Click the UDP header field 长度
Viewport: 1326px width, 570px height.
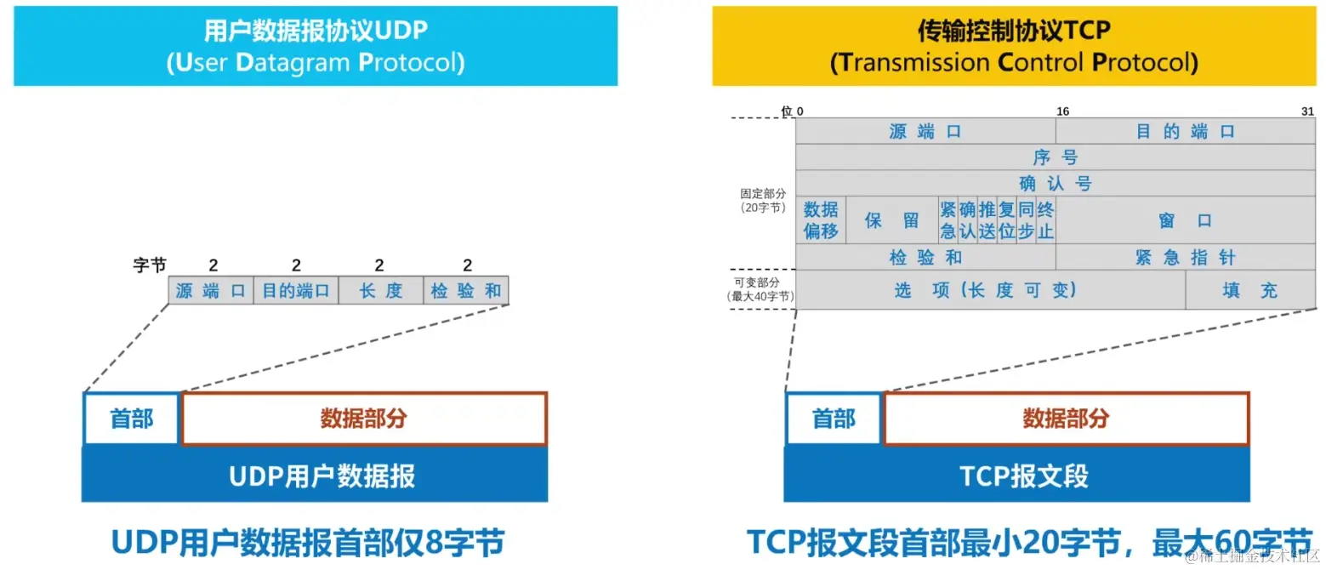pos(380,291)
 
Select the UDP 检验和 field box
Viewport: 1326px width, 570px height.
pos(466,291)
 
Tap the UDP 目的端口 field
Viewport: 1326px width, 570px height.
pos(295,291)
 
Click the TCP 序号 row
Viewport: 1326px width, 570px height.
pos(1055,157)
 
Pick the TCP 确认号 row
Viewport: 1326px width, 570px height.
pos(1055,183)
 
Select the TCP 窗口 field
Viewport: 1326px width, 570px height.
pos(1185,220)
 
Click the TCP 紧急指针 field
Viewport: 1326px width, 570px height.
pos(1185,258)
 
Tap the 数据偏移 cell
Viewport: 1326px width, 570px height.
pos(821,220)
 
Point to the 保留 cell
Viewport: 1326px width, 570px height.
pos(891,220)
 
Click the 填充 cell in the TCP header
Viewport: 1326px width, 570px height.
pos(1249,290)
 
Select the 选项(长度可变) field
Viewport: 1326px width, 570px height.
pos(990,290)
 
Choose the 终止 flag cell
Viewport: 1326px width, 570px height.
pos(1045,220)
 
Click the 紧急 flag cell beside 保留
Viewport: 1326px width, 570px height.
pos(948,220)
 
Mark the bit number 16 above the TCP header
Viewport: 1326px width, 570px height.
pos(1062,111)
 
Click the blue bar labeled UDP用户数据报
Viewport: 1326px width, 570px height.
pos(315,475)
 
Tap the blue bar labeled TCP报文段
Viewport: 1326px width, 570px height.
pos(1017,475)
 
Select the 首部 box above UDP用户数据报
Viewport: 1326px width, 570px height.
pos(132,419)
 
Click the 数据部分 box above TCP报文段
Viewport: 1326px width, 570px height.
pos(1067,419)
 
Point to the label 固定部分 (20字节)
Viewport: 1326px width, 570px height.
pos(763,201)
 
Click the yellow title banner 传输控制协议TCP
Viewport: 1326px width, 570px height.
pos(1014,46)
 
